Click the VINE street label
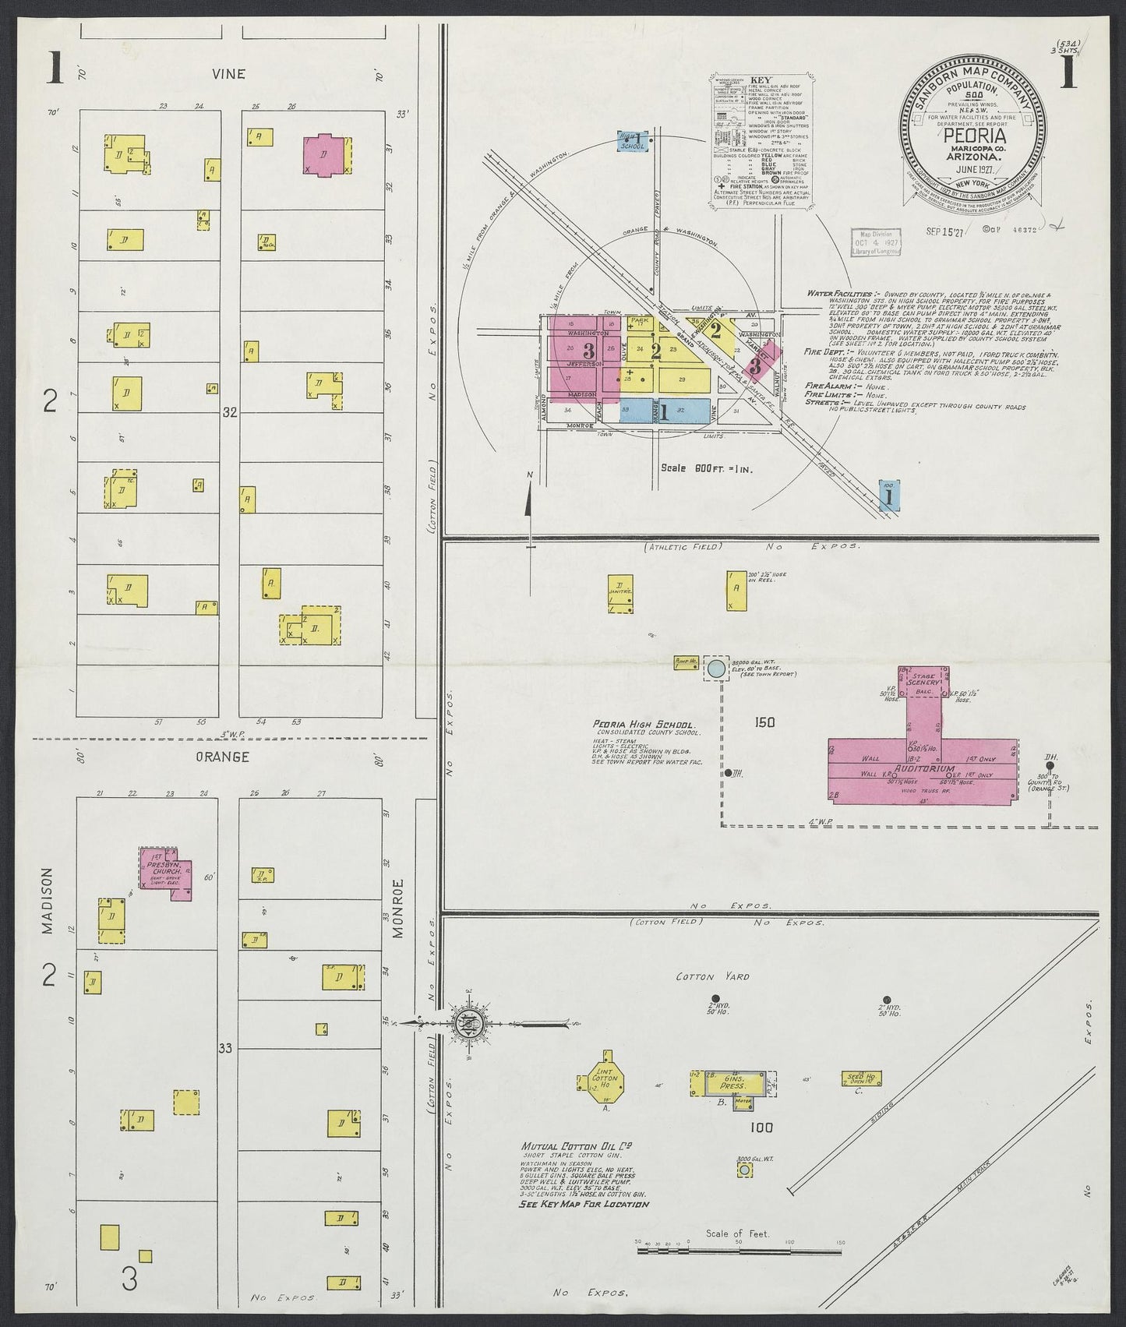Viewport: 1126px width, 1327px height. (231, 74)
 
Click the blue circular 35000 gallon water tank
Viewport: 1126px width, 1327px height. (715, 668)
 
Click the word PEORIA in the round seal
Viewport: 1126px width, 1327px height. (972, 134)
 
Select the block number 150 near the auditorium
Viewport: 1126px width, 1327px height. (764, 722)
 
